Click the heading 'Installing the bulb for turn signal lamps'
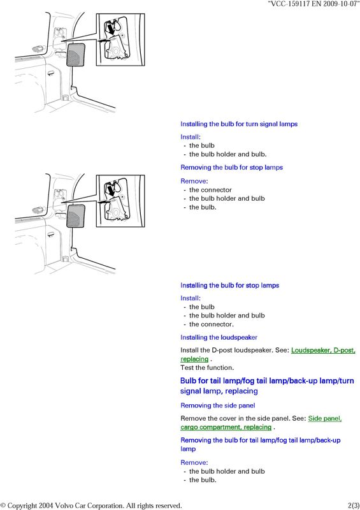(239, 124)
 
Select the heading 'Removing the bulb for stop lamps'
(231, 168)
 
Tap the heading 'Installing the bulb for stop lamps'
(230, 285)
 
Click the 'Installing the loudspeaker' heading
(219, 337)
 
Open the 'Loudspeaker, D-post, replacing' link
(268, 354)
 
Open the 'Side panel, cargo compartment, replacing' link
(261, 423)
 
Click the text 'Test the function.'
(207, 368)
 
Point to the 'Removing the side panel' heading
(217, 405)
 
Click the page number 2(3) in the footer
(354, 506)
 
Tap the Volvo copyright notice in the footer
(91, 506)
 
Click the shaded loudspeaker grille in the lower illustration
(75, 216)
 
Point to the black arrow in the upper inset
(112, 29)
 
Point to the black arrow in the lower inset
(112, 191)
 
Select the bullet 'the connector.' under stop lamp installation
(212, 324)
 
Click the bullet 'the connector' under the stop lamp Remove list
(210, 189)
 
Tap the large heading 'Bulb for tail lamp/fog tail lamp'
(267, 386)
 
